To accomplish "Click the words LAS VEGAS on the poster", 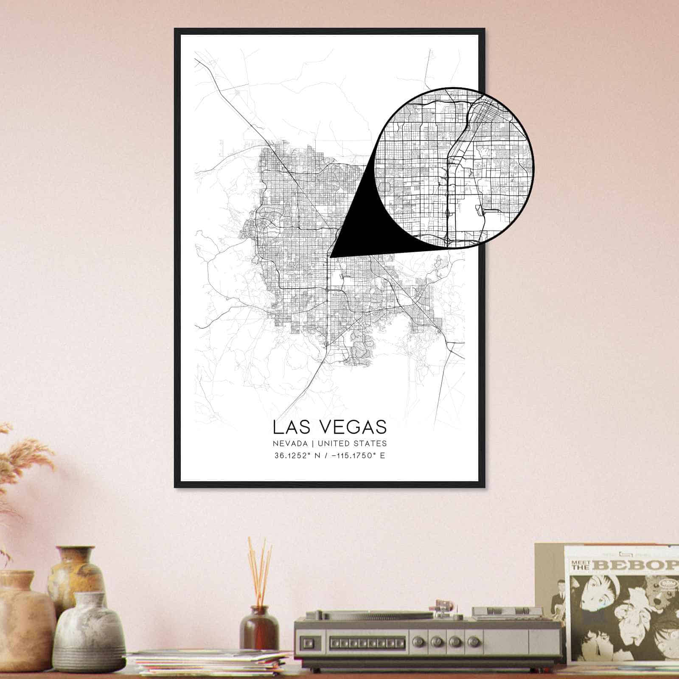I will click(330, 427).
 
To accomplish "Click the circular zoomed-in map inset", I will click(454, 167).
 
